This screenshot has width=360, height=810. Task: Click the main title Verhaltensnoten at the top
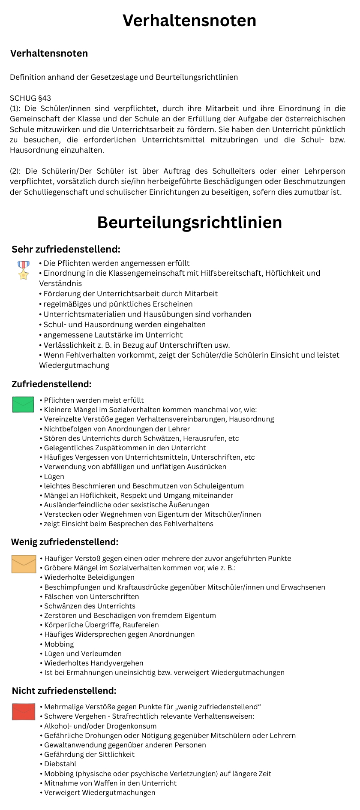[189, 21]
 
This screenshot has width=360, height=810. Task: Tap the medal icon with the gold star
[24, 270]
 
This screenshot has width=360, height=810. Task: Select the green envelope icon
[23, 404]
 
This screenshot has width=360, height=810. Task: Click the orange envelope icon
[24, 564]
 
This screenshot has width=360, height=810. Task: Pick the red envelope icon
[24, 711]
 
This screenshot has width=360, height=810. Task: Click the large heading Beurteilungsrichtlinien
[189, 223]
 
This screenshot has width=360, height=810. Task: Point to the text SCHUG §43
[30, 98]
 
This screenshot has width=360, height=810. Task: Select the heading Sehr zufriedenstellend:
[66, 249]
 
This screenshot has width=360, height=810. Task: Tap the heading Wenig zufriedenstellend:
[65, 542]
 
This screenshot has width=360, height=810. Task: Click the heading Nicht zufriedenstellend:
[64, 690]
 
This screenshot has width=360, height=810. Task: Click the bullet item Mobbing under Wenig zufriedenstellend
[59, 644]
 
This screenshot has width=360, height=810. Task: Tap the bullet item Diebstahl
[60, 764]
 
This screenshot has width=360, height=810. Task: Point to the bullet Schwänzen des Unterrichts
[90, 606]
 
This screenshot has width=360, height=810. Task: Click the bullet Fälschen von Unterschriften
[91, 596]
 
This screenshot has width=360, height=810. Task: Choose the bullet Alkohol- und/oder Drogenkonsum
[100, 726]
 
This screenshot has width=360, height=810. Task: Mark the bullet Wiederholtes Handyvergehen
[93, 663]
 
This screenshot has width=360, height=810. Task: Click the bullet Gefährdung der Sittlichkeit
[89, 754]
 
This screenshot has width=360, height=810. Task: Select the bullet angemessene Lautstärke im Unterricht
[113, 335]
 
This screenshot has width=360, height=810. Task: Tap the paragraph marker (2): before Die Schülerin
[16, 171]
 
